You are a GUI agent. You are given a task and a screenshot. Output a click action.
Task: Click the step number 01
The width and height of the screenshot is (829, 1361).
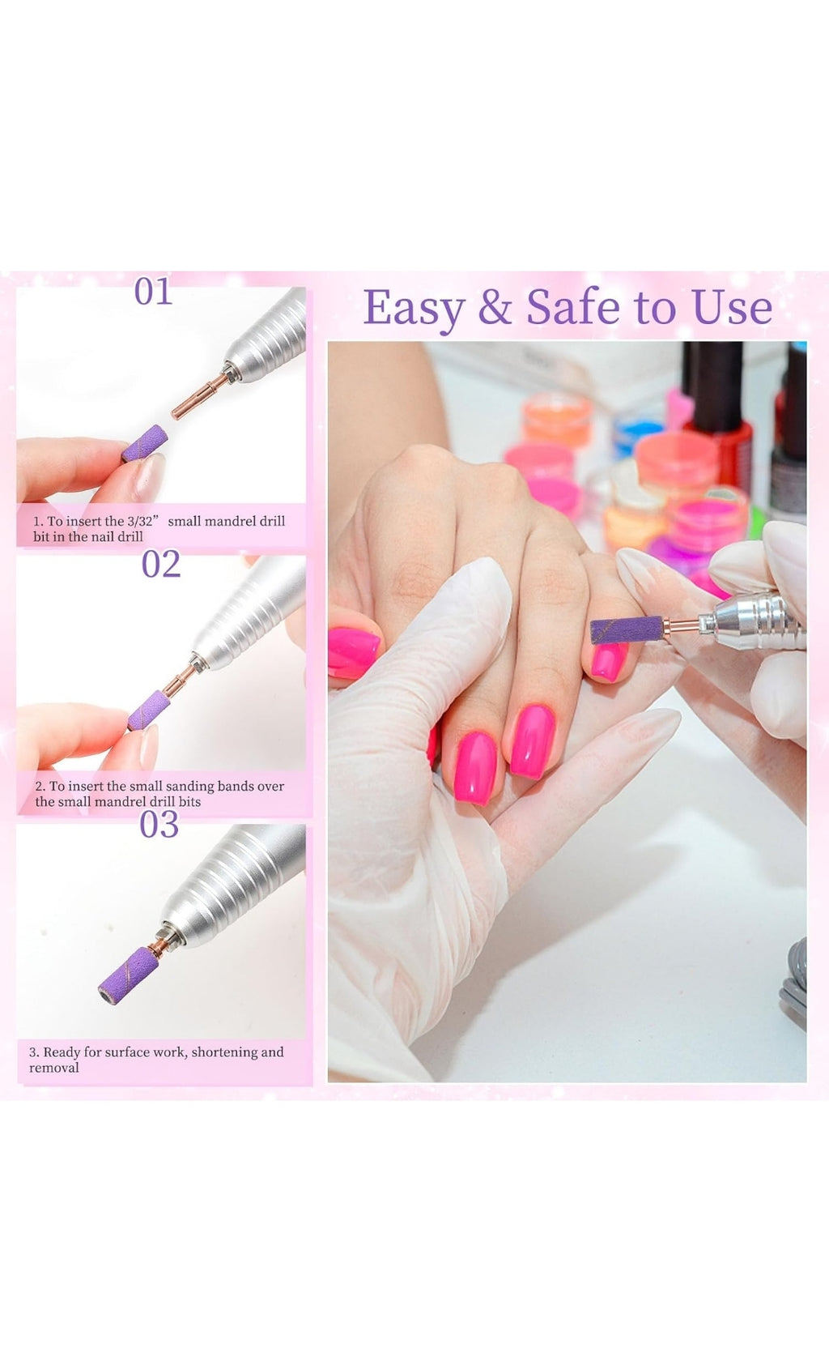point(153,292)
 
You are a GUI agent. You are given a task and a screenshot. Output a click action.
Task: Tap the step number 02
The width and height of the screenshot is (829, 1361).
point(160,564)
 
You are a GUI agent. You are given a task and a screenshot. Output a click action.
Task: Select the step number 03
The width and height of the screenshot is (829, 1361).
point(159,825)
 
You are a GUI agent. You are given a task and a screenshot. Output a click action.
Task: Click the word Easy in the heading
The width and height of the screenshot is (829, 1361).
point(414,309)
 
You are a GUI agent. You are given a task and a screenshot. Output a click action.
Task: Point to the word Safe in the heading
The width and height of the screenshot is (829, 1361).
point(574,307)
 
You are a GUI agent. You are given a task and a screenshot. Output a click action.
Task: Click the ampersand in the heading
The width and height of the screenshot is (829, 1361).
point(494,308)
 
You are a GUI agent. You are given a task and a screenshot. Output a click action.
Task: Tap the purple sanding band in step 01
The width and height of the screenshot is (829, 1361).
point(145,443)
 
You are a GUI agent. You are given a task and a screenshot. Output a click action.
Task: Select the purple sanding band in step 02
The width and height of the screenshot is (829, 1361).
point(149,710)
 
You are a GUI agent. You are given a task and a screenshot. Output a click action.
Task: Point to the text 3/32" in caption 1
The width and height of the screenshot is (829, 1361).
point(142,521)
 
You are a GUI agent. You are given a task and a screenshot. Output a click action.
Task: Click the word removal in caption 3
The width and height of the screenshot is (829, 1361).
point(54,1068)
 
